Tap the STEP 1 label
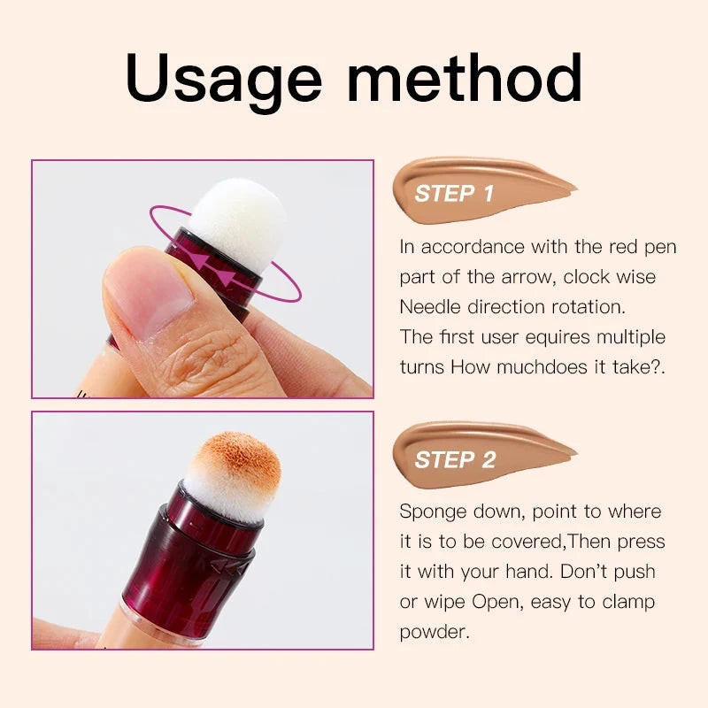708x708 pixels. point(454,193)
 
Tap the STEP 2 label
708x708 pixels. point(454,459)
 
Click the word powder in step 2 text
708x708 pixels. point(431,632)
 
